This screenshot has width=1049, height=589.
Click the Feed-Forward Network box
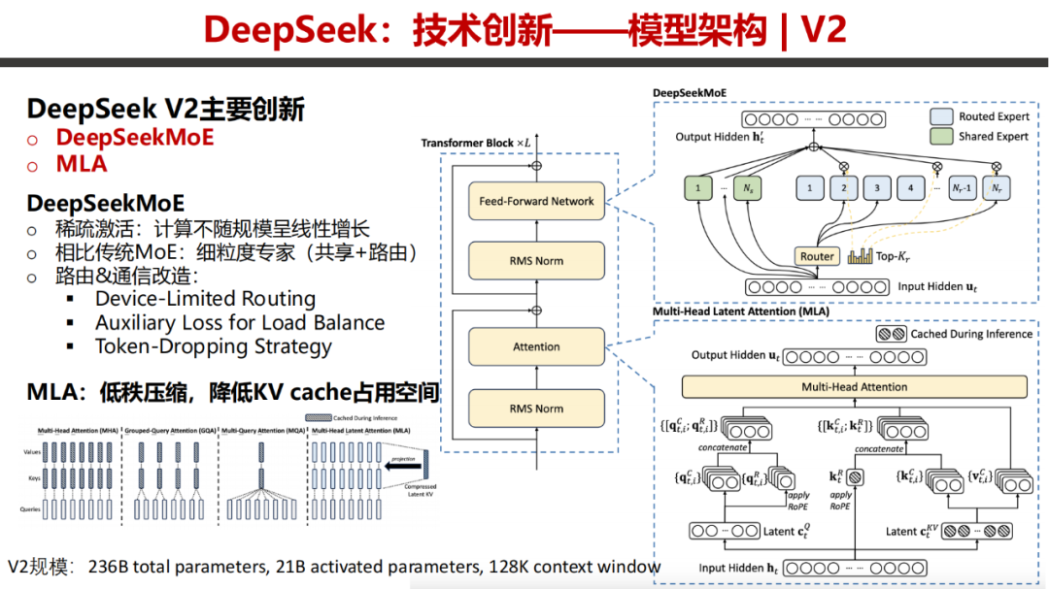536,201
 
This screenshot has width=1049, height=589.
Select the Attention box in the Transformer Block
536,346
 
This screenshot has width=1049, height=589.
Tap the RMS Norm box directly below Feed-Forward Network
536,261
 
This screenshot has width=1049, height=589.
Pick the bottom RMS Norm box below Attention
536,409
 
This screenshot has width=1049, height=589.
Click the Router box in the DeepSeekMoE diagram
817,256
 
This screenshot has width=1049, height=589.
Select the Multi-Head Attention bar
854,386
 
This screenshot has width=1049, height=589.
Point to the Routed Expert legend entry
981,116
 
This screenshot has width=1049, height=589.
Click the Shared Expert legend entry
981,137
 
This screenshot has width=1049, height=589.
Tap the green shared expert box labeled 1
696,186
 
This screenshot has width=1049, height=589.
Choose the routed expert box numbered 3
876,186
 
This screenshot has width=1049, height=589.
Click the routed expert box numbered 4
910,186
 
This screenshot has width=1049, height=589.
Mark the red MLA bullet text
82,164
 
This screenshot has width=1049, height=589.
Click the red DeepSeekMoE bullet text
134,137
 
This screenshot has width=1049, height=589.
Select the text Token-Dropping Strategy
213,346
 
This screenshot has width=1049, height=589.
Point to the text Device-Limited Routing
205,299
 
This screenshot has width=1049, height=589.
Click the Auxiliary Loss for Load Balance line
239,323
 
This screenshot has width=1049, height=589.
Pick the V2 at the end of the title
823,31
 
